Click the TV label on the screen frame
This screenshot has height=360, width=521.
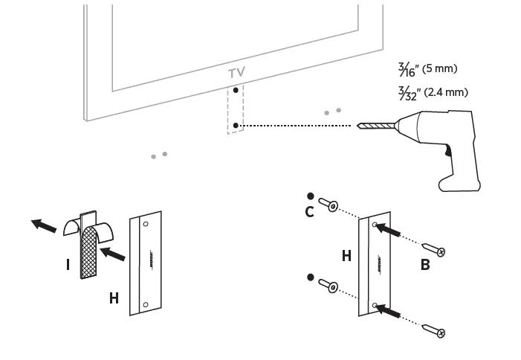coord(236,73)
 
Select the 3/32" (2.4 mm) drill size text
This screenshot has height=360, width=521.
coord(433,92)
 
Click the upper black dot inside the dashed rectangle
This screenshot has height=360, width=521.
coord(236,90)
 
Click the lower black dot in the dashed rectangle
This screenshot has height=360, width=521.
coord(236,126)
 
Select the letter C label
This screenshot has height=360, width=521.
coord(309,212)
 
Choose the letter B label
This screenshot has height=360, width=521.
coord(425,264)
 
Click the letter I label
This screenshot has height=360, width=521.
coord(68,264)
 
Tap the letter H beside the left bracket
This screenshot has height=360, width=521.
coord(114,298)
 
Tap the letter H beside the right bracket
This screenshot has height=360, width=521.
coord(346,256)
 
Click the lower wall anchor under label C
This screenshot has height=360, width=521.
coord(328,284)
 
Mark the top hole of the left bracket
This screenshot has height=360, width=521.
coord(146,223)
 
